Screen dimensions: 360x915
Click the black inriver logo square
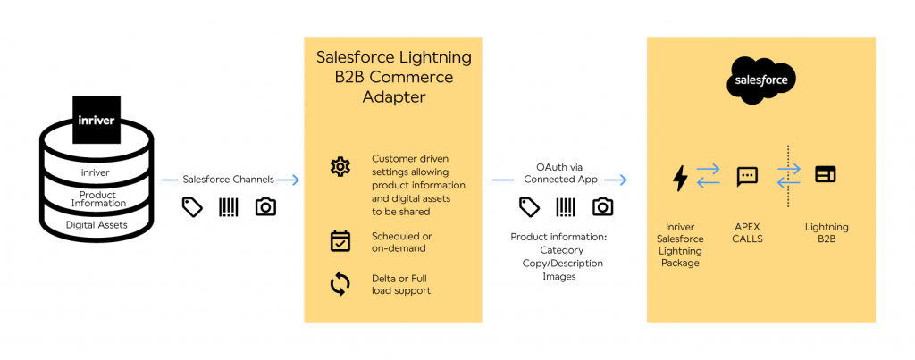pyautogui.click(x=96, y=120)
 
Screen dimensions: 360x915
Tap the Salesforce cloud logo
pyautogui.click(x=760, y=80)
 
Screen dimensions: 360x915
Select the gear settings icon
pyautogui.click(x=340, y=166)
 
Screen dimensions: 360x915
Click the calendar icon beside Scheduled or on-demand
pyautogui.click(x=340, y=240)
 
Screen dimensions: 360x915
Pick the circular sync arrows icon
pyautogui.click(x=340, y=284)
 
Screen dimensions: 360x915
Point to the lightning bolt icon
pyautogui.click(x=680, y=178)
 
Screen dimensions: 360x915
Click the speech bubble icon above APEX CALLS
pyautogui.click(x=747, y=176)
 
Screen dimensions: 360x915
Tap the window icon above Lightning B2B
pyautogui.click(x=825, y=175)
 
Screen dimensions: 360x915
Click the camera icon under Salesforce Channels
pyautogui.click(x=265, y=207)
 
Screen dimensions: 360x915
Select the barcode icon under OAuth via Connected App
pyautogui.click(x=566, y=207)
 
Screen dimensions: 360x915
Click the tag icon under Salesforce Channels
pyautogui.click(x=192, y=207)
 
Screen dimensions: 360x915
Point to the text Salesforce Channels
pyautogui.click(x=230, y=179)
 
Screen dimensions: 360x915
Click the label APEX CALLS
pyautogui.click(x=747, y=232)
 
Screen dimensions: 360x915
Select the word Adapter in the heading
pyautogui.click(x=394, y=97)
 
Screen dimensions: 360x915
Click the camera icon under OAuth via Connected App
pyautogui.click(x=603, y=207)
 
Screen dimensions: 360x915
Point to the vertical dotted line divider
pyautogui.click(x=788, y=176)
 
